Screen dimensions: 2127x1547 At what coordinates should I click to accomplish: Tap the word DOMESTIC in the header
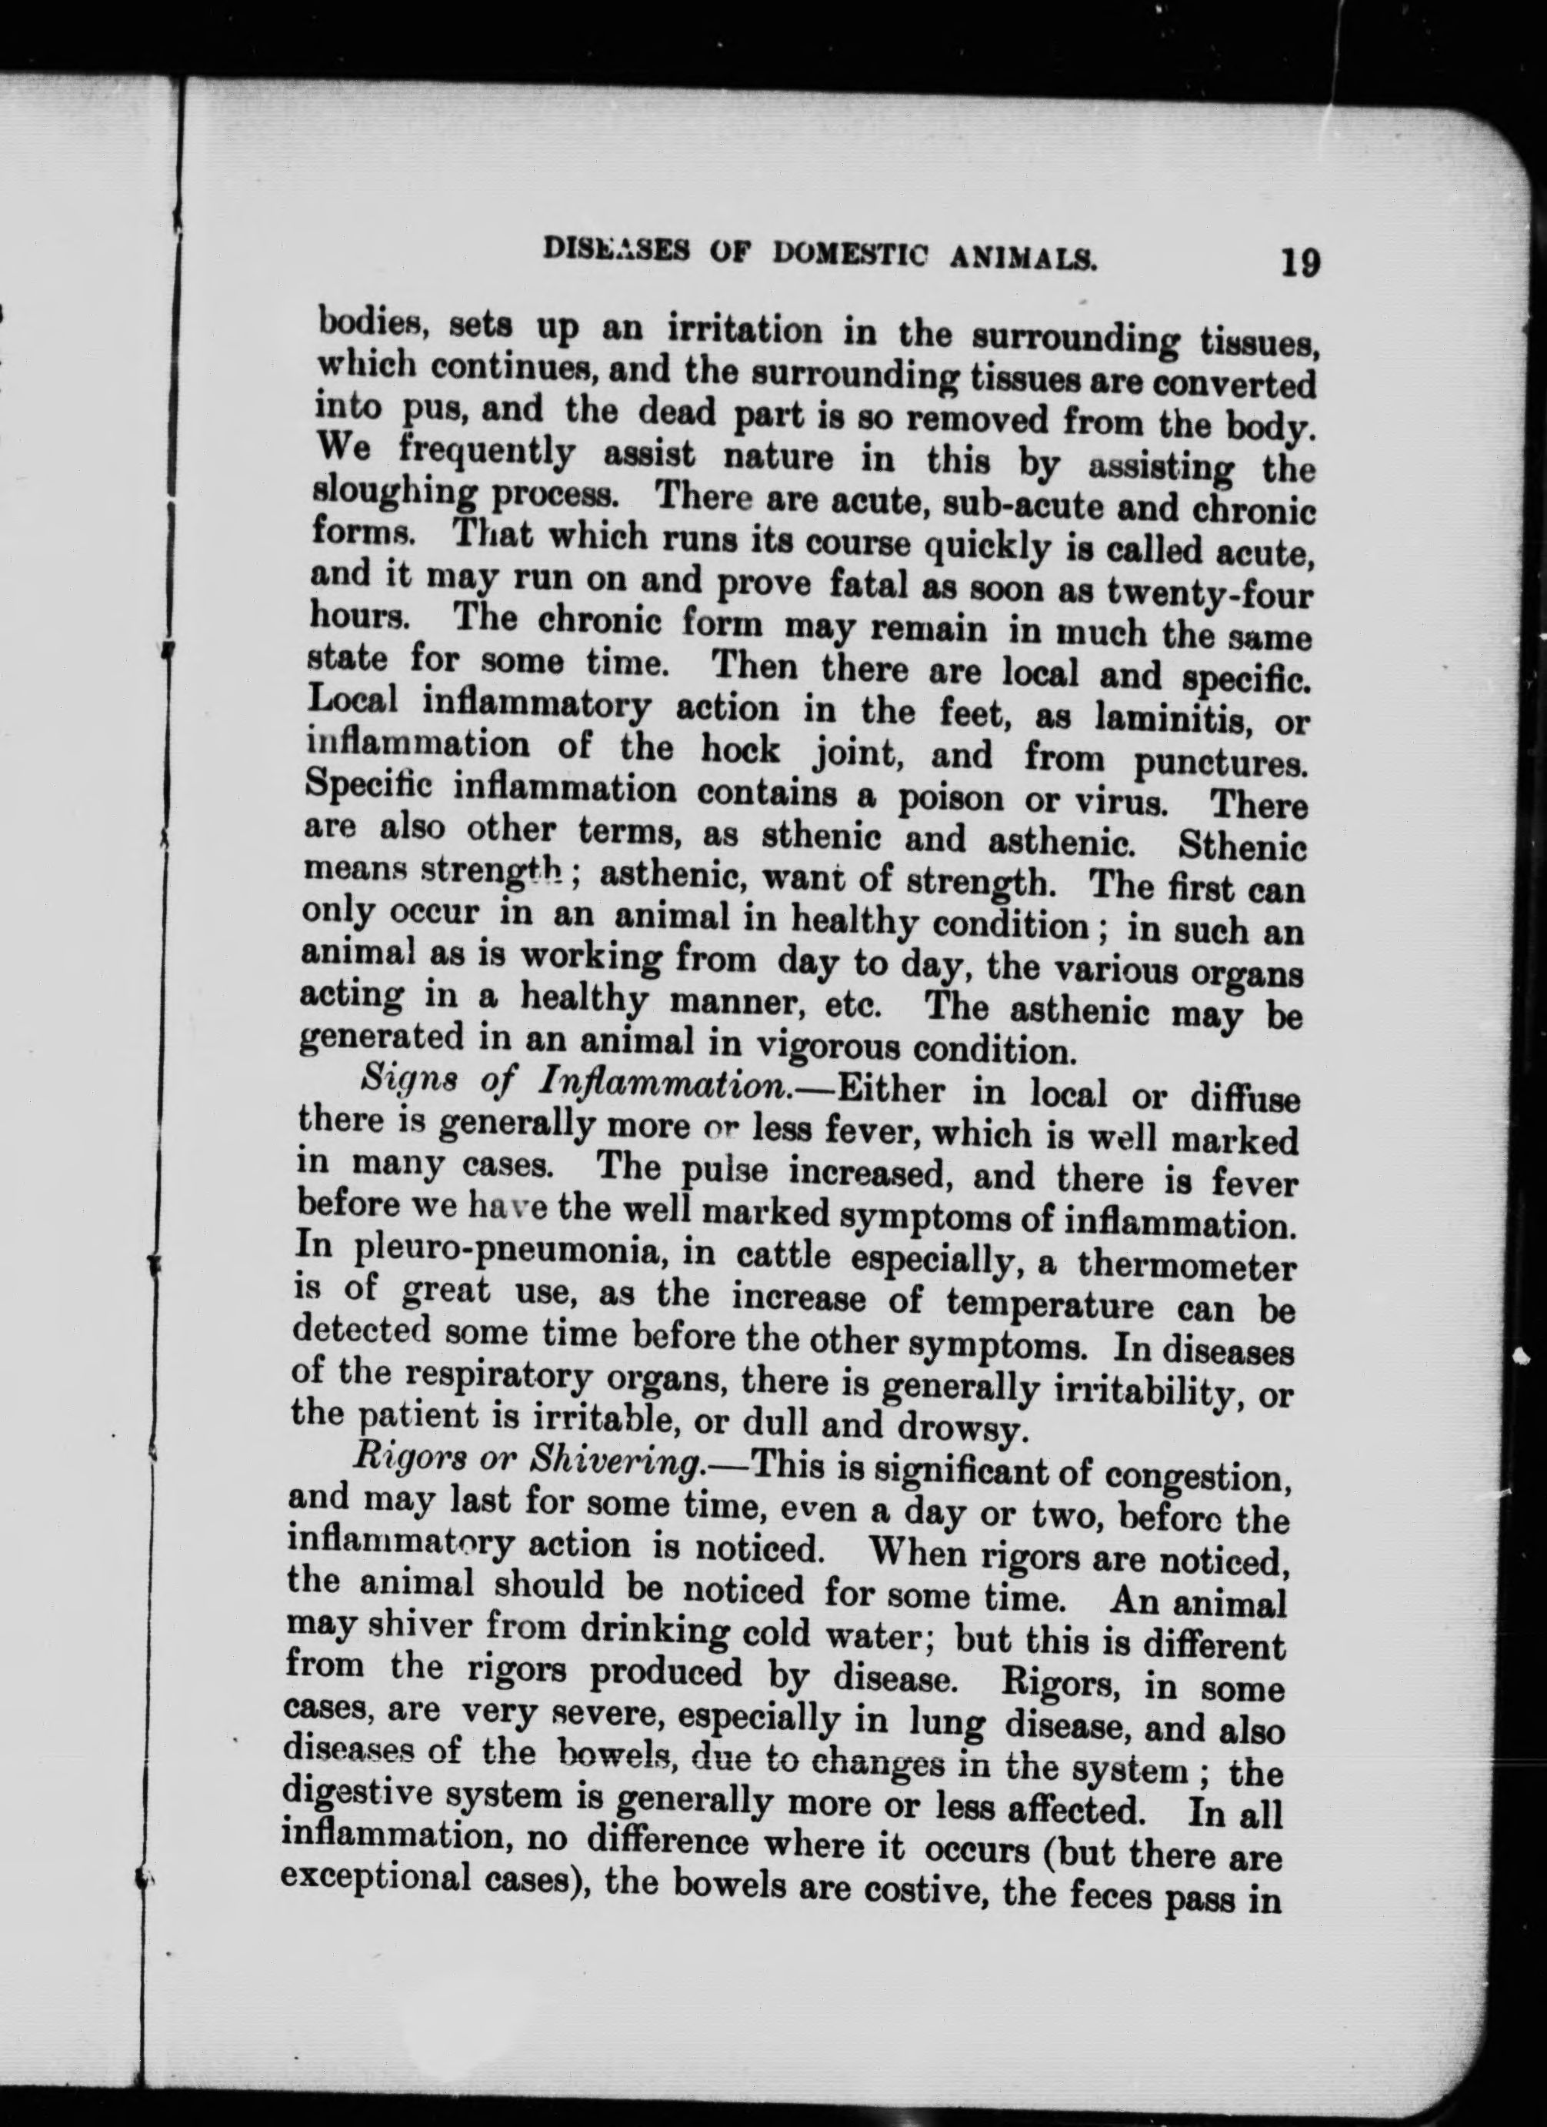point(869,254)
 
